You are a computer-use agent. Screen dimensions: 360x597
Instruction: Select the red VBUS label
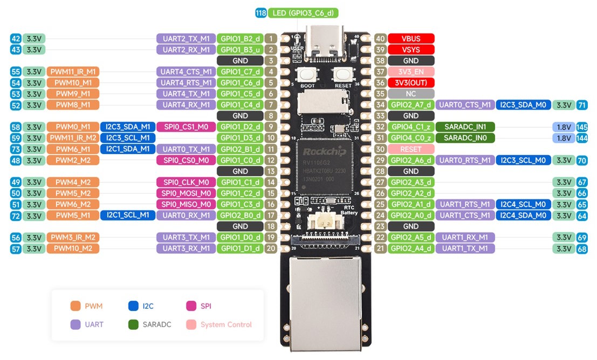[410, 39]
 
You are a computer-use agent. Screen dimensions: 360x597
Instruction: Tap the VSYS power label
[410, 50]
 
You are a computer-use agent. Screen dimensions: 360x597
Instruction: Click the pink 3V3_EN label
[410, 72]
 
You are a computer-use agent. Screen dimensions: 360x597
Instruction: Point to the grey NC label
[410, 94]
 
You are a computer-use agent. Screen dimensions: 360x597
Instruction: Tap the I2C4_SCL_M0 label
[523, 204]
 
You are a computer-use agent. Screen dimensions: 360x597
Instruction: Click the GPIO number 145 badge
[581, 127]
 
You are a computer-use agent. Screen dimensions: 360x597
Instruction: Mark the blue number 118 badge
[261, 13]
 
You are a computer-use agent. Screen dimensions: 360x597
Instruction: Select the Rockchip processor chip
[325, 167]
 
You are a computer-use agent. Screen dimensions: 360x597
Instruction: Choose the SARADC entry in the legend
[154, 324]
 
